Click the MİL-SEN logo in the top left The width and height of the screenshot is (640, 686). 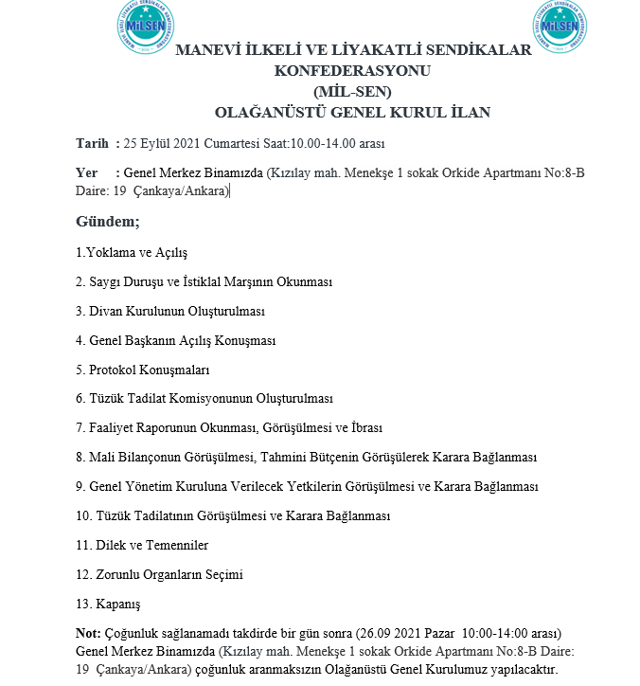145,24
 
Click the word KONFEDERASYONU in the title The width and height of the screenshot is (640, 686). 352,71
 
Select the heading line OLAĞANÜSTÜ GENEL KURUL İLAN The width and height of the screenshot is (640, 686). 352,112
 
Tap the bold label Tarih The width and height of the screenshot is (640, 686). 92,143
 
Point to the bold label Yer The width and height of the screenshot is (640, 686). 86,173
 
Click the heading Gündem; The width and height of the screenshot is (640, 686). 107,222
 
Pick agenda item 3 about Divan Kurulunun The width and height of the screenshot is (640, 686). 169,311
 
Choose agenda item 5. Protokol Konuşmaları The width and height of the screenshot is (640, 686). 142,370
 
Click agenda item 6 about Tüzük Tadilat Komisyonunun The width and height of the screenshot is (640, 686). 204,399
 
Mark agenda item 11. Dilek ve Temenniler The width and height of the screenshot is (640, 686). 142,545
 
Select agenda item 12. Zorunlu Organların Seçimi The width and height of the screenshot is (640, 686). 159,574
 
